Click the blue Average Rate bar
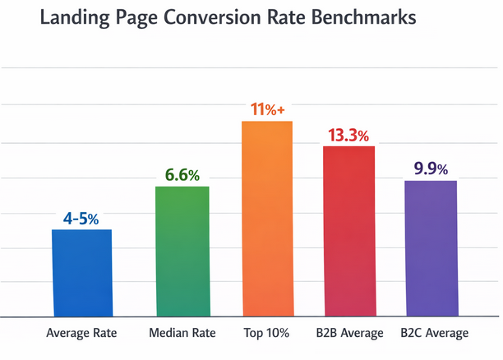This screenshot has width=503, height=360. [x=81, y=273]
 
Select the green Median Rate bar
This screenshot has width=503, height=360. [x=182, y=252]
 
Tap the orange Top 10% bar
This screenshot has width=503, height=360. [x=267, y=219]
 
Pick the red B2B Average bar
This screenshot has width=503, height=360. [x=348, y=231]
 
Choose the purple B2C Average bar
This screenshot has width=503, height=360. [x=430, y=248]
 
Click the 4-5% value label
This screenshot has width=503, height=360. [x=81, y=219]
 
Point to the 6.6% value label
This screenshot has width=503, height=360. [x=182, y=175]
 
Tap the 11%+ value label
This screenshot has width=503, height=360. [x=267, y=109]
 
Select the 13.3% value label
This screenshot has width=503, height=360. [x=348, y=135]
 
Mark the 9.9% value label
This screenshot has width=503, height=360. [x=430, y=169]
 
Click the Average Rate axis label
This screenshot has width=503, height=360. [x=81, y=333]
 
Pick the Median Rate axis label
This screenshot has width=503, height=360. [x=182, y=333]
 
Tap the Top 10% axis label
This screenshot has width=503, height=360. [x=267, y=333]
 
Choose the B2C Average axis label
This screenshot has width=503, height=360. [x=434, y=333]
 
